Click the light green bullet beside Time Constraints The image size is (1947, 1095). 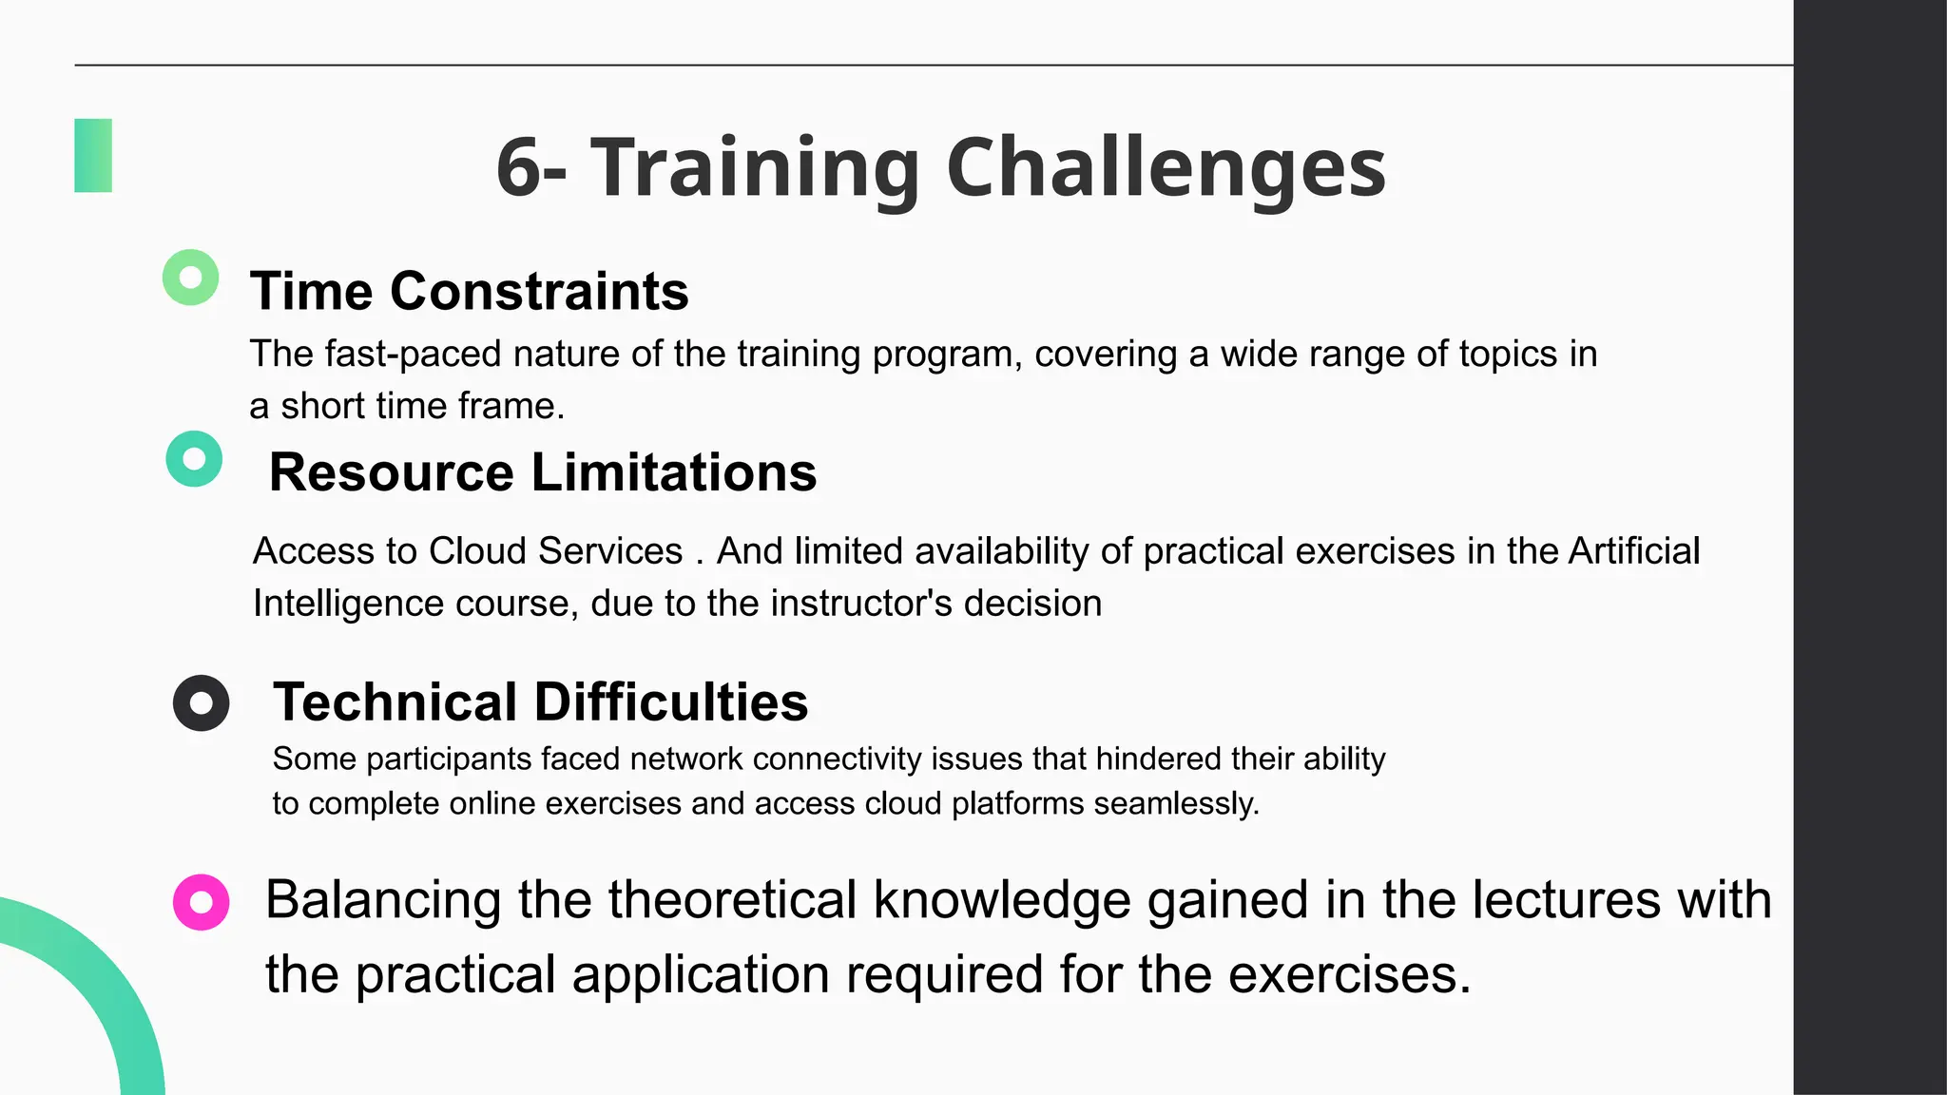[191, 278]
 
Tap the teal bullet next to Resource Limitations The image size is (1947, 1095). [194, 459]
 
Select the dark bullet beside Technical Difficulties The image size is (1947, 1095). [201, 703]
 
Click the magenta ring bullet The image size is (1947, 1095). [201, 902]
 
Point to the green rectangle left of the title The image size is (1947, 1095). [93, 156]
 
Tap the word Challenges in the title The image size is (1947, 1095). [1166, 168]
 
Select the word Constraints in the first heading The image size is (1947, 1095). [539, 291]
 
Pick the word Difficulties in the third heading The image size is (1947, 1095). [670, 702]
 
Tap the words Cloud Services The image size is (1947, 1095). [555, 551]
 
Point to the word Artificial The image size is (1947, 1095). [1633, 551]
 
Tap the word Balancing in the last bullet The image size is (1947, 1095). [383, 900]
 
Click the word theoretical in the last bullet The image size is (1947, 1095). [732, 900]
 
